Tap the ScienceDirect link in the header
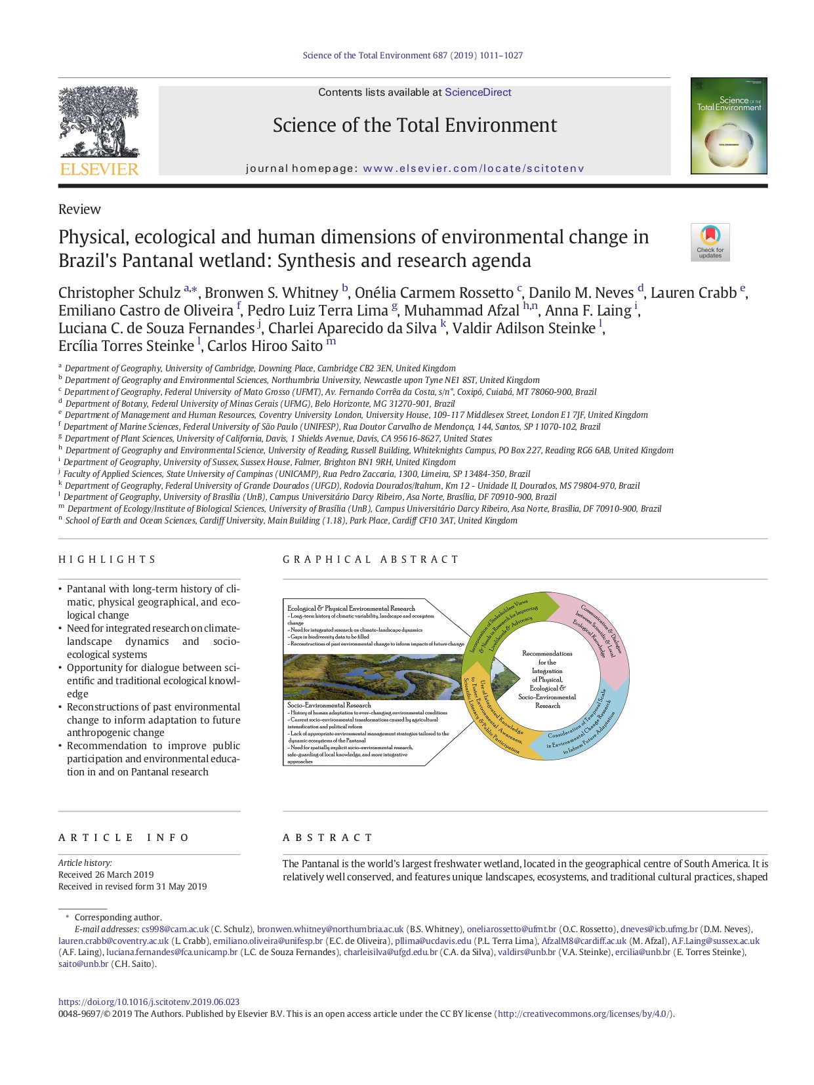(x=478, y=92)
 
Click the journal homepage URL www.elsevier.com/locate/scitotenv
(x=473, y=169)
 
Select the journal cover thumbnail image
(x=728, y=126)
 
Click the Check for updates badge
(x=710, y=242)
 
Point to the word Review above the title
(x=79, y=209)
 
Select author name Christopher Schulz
(x=119, y=293)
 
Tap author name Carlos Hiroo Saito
(x=264, y=346)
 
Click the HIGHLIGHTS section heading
(x=107, y=560)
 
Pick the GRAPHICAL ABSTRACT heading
(x=371, y=560)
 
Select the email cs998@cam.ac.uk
(x=174, y=929)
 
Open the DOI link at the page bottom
(x=149, y=1002)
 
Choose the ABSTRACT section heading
(x=327, y=838)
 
